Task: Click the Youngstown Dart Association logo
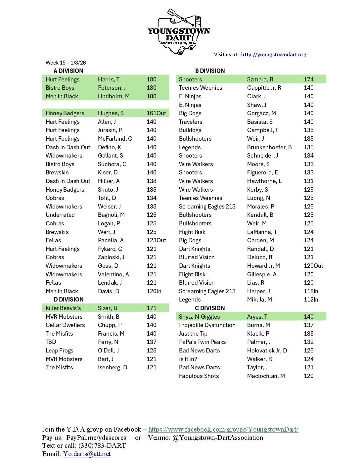tap(179, 32)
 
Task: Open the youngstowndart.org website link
tap(273, 55)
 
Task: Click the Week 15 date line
tap(66, 63)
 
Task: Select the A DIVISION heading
tap(68, 71)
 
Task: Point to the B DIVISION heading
tap(210, 71)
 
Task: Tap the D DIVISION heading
tap(68, 300)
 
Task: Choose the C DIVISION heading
tap(210, 308)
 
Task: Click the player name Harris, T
tap(109, 79)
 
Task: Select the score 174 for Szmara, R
tap(309, 79)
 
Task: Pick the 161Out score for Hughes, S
tap(156, 113)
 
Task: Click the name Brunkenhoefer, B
tap(269, 147)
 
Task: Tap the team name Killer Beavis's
tap(63, 308)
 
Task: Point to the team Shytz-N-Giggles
tap(199, 317)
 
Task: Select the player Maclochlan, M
tap(266, 376)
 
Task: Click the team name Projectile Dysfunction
tap(207, 325)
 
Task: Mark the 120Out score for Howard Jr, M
tap(313, 266)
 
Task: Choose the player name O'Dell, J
tap(108, 350)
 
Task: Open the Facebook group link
tap(223, 429)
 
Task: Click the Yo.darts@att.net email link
tap(87, 454)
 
